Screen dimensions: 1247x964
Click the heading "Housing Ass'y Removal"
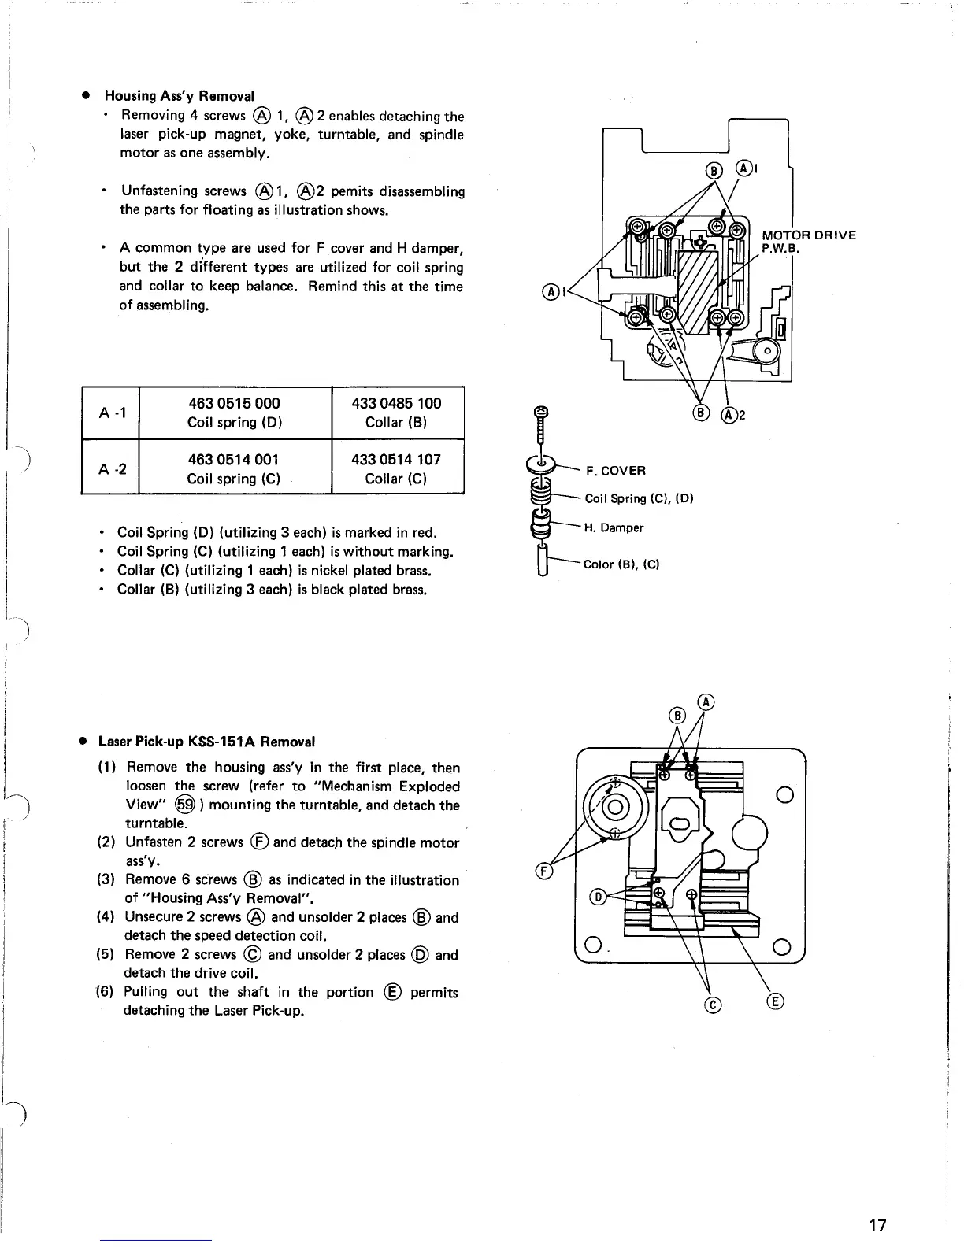coord(180,96)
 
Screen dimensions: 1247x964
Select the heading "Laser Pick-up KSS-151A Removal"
coord(206,742)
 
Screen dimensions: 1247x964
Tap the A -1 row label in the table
coord(110,413)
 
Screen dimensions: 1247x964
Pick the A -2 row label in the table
coord(110,469)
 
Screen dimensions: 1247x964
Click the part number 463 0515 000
coord(234,403)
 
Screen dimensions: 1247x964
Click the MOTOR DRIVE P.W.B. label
coord(807,242)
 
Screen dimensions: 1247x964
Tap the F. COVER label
coord(615,471)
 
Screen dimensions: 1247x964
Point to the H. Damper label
coord(614,527)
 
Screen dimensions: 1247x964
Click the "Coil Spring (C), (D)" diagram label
coord(639,498)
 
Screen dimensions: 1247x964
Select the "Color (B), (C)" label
coord(621,564)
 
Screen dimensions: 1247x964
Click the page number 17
coord(877,1225)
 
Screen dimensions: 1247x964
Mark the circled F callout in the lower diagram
coord(542,871)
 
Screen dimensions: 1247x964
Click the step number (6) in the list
coord(108,992)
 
